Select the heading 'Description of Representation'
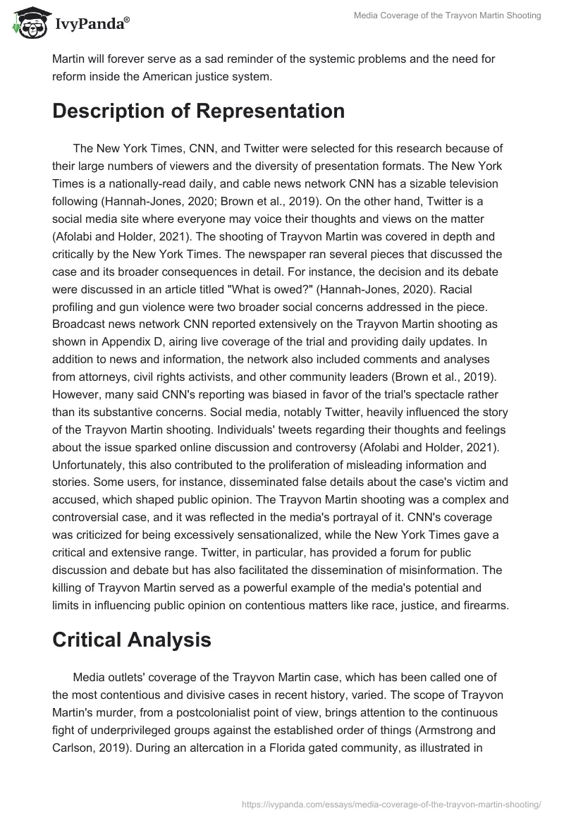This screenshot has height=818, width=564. (x=198, y=111)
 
